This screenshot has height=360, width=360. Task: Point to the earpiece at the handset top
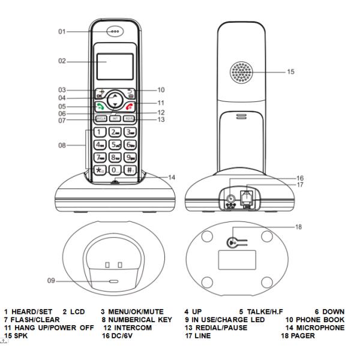pos(113,32)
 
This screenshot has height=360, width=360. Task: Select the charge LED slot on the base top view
pos(113,280)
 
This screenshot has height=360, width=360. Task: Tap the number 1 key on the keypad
pos(100,131)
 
